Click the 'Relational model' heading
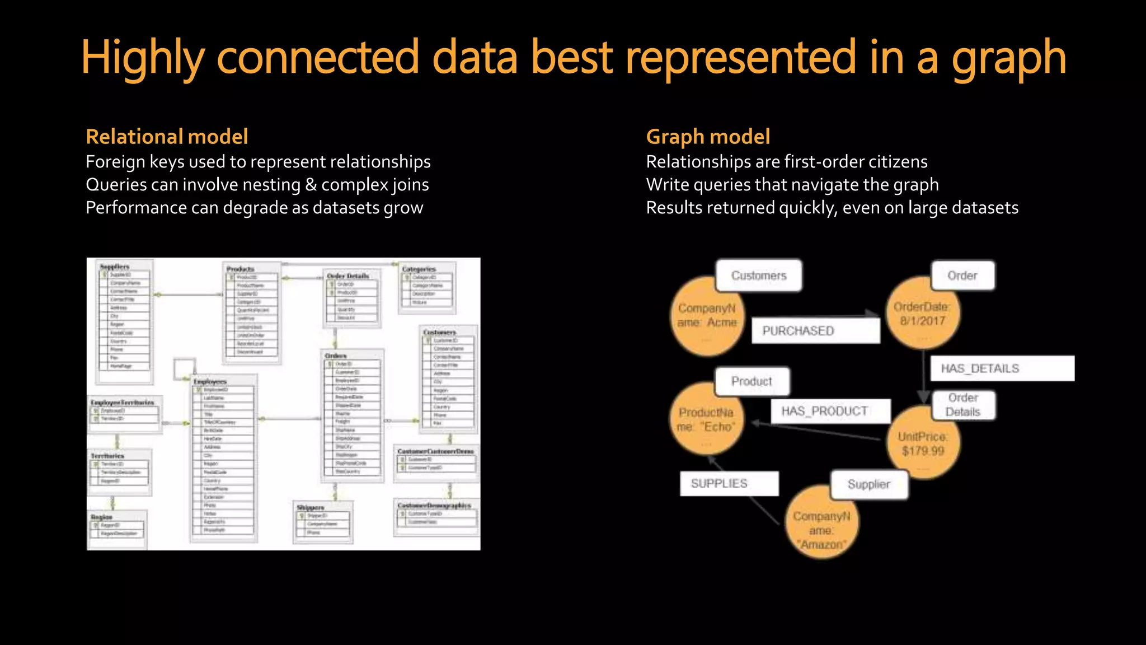pos(167,137)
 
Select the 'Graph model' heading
pos(708,137)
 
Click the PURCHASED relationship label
pos(815,330)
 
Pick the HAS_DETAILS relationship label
pos(1002,368)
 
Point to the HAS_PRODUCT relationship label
pos(830,411)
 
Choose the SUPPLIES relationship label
pos(729,483)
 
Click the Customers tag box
pos(759,275)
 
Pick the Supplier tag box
pos(868,484)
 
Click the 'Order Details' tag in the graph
pos(963,405)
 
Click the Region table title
pos(102,517)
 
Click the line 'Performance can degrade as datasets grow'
pos(254,208)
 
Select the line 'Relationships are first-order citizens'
pos(786,162)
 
